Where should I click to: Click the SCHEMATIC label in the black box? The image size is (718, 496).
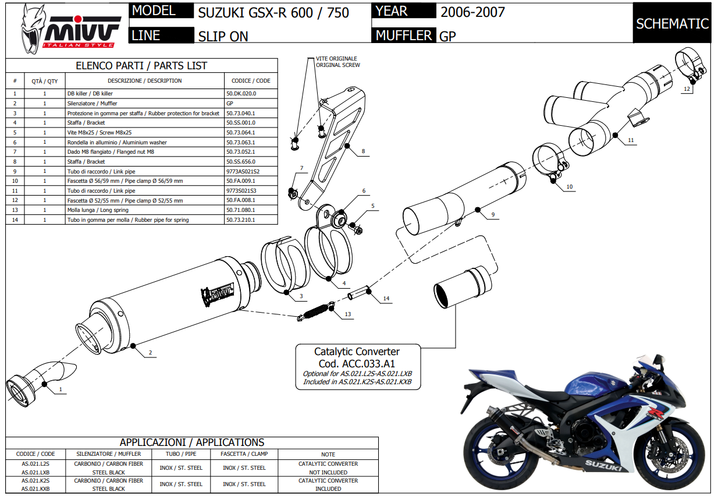672,24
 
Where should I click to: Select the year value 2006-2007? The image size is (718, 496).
472,12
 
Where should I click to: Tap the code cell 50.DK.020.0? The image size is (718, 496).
241,93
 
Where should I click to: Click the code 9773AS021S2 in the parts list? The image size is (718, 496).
243,171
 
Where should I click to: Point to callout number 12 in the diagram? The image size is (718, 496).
687,90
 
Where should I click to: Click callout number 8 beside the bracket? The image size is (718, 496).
363,151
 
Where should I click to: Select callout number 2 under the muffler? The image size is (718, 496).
150,353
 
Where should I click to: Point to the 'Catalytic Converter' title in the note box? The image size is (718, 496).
357,352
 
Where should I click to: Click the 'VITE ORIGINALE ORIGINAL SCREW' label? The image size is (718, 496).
337,62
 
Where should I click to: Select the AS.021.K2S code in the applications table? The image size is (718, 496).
35,481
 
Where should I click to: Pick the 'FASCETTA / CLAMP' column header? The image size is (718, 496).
244,454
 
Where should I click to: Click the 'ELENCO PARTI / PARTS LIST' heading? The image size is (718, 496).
141,66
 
